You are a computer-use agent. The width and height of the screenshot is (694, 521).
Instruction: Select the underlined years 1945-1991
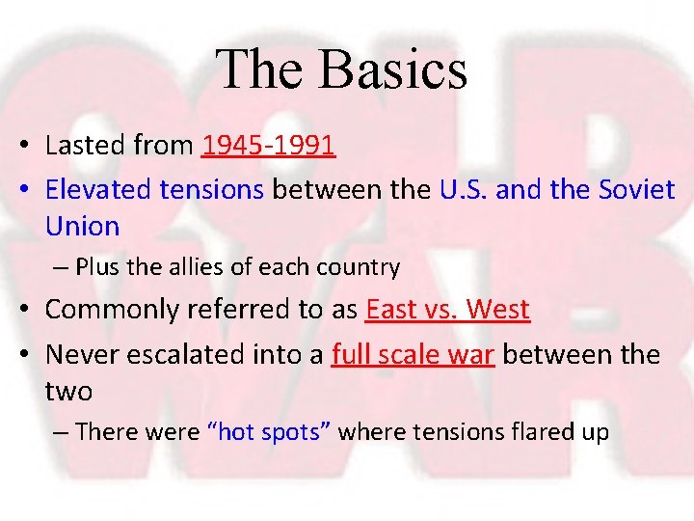tap(269, 146)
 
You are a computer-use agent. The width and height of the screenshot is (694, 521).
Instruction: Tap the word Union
tap(82, 227)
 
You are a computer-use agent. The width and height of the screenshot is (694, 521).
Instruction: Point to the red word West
tap(498, 310)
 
